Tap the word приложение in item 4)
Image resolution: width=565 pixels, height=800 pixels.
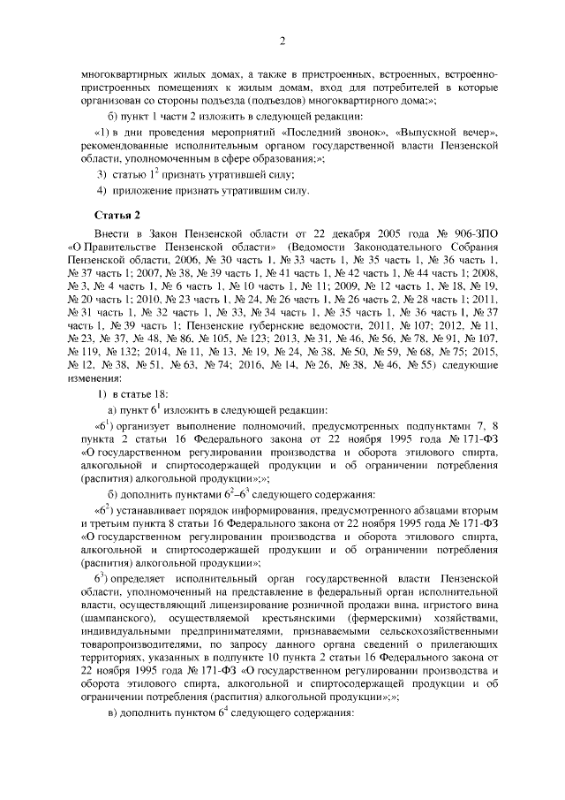[141, 190]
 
